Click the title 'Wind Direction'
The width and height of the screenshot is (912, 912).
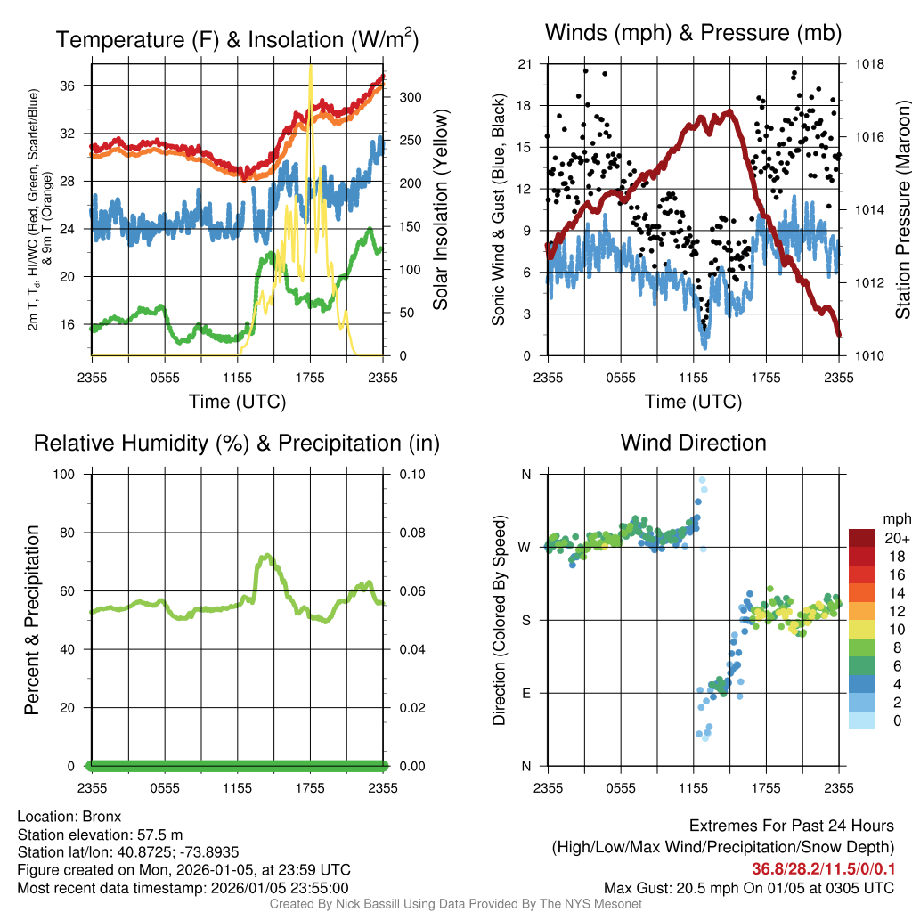pos(693,443)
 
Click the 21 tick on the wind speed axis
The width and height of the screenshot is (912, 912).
pos(524,64)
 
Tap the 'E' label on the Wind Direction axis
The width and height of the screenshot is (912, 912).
pos(525,693)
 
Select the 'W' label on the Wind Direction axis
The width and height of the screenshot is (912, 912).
pos(525,547)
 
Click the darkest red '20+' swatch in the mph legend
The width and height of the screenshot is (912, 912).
pos(863,538)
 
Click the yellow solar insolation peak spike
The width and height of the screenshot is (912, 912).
pos(310,68)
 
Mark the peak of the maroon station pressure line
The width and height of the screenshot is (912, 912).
pos(729,111)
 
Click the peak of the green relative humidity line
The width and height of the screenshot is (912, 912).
pos(265,556)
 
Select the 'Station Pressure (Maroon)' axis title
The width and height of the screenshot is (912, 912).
pos(902,209)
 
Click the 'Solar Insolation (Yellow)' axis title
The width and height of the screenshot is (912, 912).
pos(440,209)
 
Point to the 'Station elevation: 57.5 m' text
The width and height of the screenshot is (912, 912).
pos(100,835)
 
